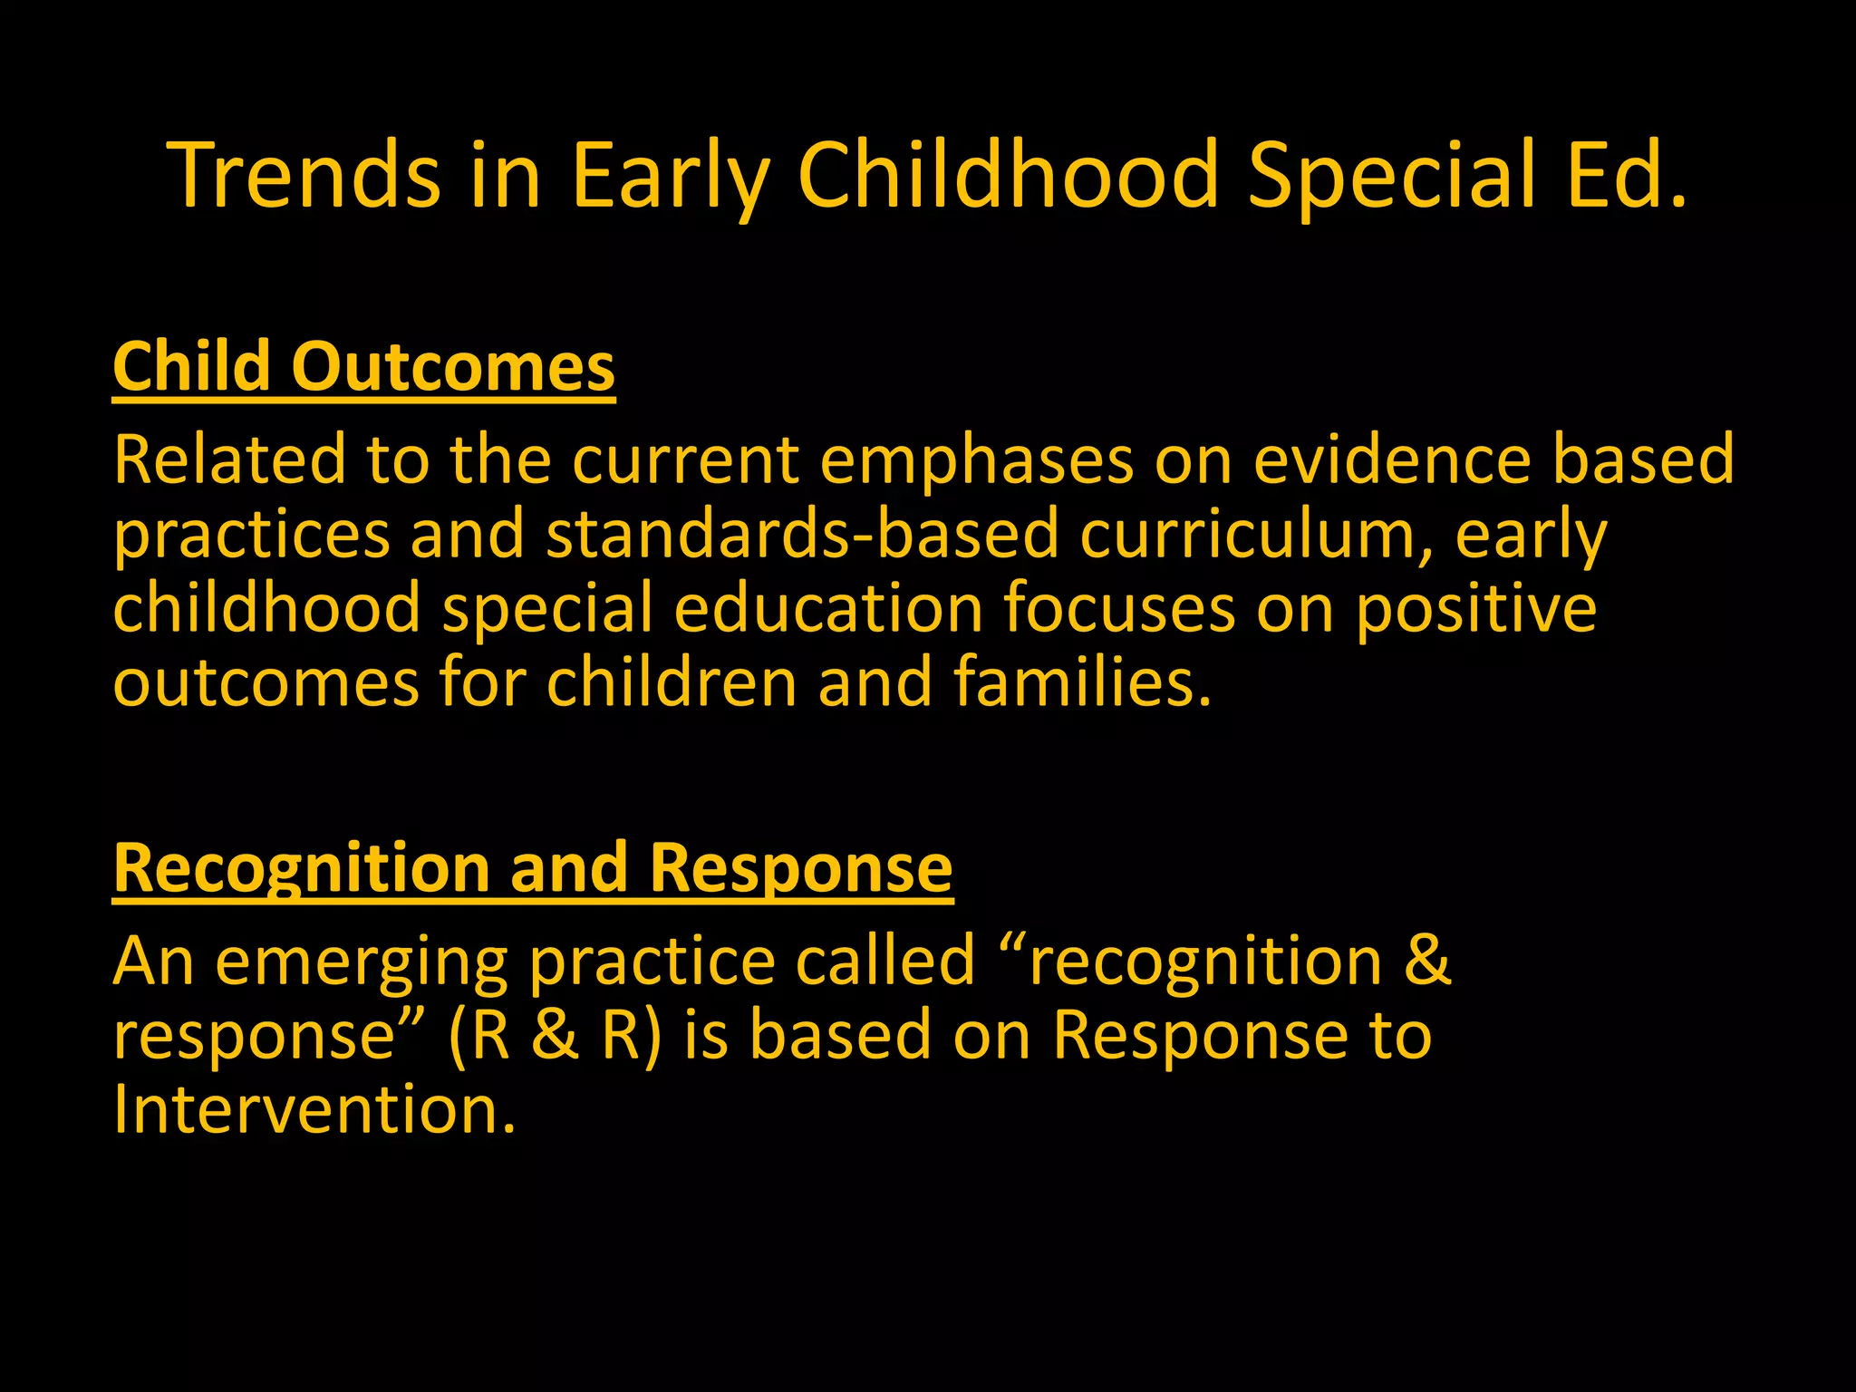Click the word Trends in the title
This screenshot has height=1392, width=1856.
[x=304, y=175]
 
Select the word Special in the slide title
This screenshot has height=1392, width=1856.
[x=1391, y=175]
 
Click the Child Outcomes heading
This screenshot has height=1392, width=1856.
[x=363, y=367]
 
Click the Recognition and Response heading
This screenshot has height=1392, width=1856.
[x=532, y=868]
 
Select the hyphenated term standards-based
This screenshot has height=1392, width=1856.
[x=802, y=534]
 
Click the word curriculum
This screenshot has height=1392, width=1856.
[x=1256, y=534]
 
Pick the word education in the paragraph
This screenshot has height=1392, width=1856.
[x=828, y=608]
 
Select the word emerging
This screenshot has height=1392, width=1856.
[x=362, y=962]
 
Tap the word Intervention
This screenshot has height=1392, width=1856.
[x=314, y=1110]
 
